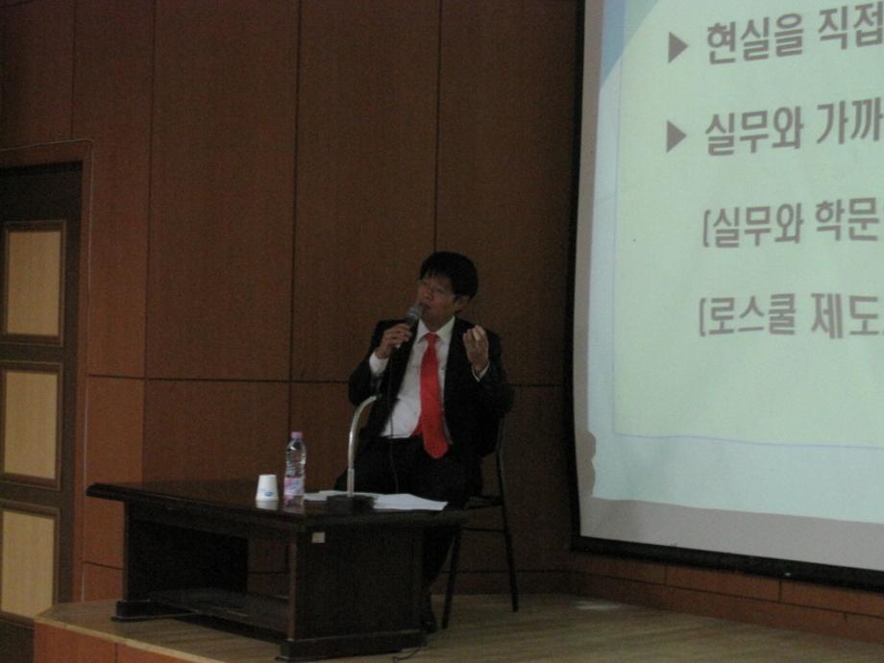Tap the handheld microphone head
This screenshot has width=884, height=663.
pos(414,312)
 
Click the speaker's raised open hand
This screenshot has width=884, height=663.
pos(477,346)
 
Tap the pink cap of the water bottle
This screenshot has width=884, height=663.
pos(295,436)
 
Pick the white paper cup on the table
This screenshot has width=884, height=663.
pos(267,488)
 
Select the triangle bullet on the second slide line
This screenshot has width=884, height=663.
pos(676,135)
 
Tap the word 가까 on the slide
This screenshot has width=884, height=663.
pos(849,130)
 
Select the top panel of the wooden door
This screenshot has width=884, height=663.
pos(34,279)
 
